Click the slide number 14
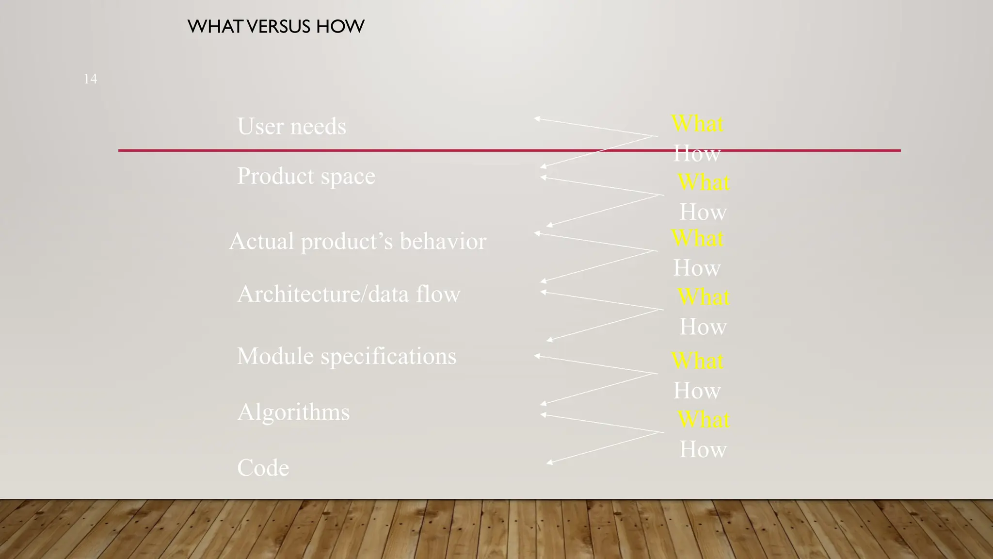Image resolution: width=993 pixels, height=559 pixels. pos(90,79)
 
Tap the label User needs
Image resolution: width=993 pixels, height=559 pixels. pos(291,127)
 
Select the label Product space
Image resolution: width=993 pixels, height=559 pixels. pos(306,176)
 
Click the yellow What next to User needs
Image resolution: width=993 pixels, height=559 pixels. pos(697,124)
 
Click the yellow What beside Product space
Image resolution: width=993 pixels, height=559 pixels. pos(703,182)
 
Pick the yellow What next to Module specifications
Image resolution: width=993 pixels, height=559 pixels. pos(697,361)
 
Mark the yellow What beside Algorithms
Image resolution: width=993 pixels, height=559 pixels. pos(703,419)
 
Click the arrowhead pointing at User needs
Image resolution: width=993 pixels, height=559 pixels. pos(537,118)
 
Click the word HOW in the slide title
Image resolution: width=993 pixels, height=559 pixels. pos(340,27)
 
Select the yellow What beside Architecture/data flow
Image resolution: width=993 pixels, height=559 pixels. pos(703,297)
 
